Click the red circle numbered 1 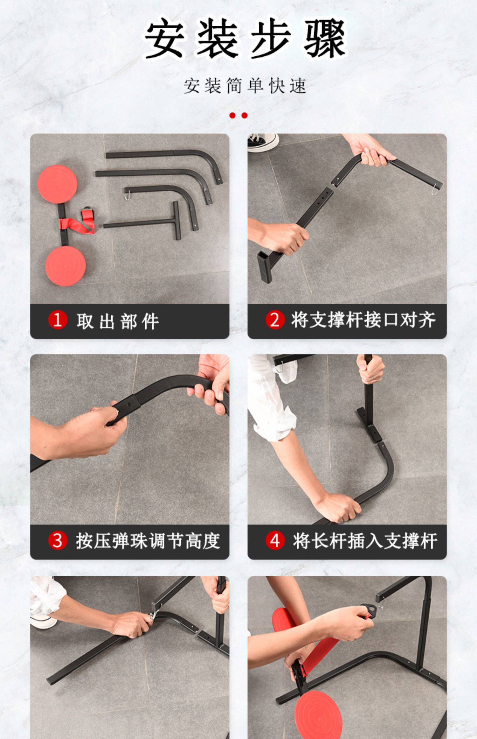[58, 320]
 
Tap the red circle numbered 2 [275, 320]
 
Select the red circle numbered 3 [58, 540]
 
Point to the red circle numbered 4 [275, 540]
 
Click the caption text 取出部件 [118, 321]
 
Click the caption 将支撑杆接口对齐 [363, 320]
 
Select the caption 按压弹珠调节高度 [148, 541]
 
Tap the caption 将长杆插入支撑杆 [365, 541]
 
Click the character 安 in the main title [164, 39]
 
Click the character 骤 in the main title [325, 39]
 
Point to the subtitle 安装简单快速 [245, 86]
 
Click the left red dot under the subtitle [232, 116]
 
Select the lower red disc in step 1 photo [66, 266]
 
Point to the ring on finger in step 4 [372, 377]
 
